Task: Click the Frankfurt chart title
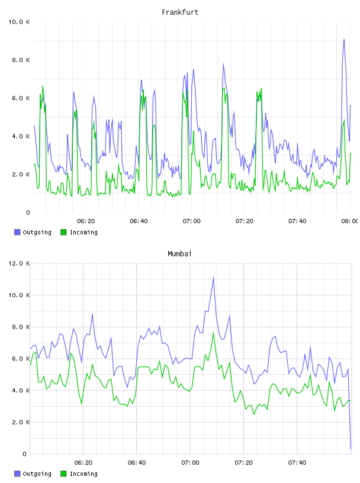tap(180, 12)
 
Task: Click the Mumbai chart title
tap(179, 254)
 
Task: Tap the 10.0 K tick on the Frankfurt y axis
tap(19, 22)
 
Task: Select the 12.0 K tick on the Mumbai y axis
tap(19, 263)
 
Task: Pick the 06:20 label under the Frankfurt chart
tap(86, 221)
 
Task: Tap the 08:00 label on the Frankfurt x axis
tap(350, 221)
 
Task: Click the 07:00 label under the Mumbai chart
tap(190, 462)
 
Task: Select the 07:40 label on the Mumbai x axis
tap(297, 462)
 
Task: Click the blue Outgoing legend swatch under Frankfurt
tap(17, 232)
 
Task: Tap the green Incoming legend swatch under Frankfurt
tap(63, 232)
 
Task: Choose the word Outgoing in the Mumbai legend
tap(37, 474)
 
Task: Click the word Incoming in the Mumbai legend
tap(83, 474)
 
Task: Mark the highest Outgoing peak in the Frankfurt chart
tap(344, 40)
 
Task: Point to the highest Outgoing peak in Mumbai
tap(213, 277)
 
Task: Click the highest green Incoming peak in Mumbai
tap(213, 333)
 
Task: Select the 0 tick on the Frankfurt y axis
tap(28, 212)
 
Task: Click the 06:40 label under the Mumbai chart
tap(137, 462)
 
